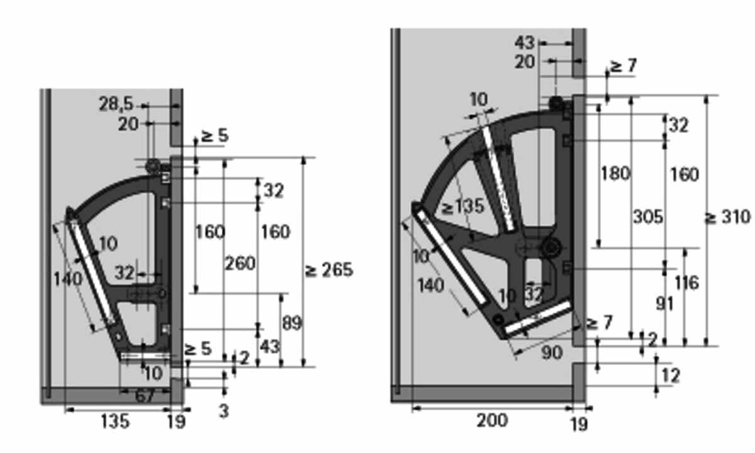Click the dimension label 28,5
pyautogui.click(x=116, y=104)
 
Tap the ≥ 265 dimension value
pyautogui.click(x=329, y=270)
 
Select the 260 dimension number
pyautogui.click(x=240, y=263)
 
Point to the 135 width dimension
pyautogui.click(x=115, y=421)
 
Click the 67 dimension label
pyautogui.click(x=145, y=396)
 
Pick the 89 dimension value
pyautogui.click(x=292, y=323)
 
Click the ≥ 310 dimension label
pyautogui.click(x=728, y=216)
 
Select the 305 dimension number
pyautogui.click(x=648, y=216)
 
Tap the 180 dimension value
pyautogui.click(x=615, y=174)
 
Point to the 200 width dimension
pyautogui.click(x=492, y=420)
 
